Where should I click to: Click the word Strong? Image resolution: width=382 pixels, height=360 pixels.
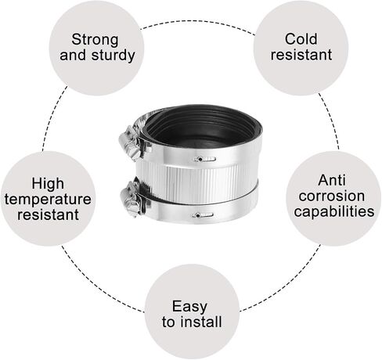95,40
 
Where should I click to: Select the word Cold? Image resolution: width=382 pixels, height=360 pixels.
301,39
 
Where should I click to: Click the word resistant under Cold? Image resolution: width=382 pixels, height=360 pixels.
301,55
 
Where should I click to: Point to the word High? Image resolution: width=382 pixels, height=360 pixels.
48,183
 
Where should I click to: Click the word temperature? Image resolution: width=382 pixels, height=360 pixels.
48,200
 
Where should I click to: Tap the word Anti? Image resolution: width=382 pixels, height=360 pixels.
332,180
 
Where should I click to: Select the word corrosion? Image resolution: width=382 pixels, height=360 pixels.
332,196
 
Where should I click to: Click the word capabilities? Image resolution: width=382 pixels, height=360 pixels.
334,211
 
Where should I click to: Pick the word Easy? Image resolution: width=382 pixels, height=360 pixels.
189,306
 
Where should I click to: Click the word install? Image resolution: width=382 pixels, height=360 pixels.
202,322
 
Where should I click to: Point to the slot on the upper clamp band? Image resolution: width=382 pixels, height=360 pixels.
205,159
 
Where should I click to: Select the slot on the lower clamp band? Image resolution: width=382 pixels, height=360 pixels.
203,215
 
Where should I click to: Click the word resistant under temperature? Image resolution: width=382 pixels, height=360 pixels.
48,214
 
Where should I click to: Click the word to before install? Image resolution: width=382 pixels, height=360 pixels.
168,322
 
